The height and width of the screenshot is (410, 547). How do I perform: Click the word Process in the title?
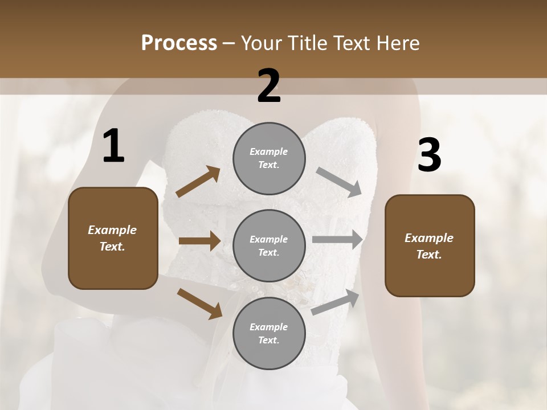[179, 43]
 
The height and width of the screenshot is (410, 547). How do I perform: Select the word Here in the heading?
[397, 43]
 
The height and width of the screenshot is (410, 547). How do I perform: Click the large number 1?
[113, 146]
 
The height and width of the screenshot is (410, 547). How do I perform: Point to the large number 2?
[269, 86]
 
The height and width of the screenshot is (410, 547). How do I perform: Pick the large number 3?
[430, 156]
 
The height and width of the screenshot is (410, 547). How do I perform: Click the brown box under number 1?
[113, 238]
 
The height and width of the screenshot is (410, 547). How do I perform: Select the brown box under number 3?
[430, 246]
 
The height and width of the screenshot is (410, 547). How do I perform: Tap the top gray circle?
[269, 158]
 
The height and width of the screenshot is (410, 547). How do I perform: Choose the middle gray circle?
[269, 245]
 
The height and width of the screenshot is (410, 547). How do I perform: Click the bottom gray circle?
[269, 333]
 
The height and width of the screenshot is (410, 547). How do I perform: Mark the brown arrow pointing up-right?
[198, 182]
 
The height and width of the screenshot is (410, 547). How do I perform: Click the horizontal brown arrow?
[199, 241]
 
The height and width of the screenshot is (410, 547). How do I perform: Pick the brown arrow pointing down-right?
[199, 304]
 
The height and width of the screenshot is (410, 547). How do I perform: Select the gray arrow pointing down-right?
[339, 182]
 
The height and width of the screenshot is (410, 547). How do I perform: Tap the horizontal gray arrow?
[337, 240]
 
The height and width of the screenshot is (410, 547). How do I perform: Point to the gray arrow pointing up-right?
[336, 302]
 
